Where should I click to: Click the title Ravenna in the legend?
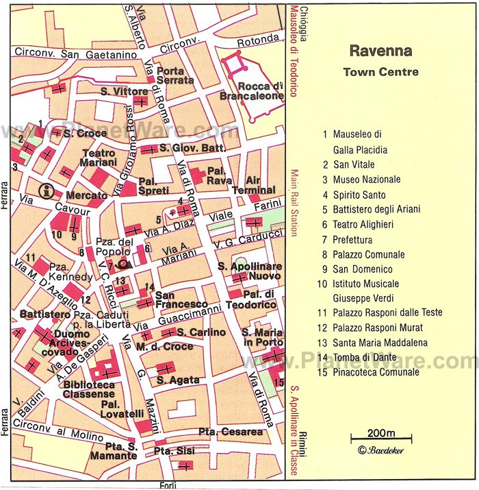(x=381, y=51)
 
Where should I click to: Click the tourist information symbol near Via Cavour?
(x=47, y=191)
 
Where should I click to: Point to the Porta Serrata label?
(x=171, y=75)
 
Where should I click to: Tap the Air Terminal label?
(x=253, y=185)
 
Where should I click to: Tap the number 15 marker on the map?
(x=278, y=382)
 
